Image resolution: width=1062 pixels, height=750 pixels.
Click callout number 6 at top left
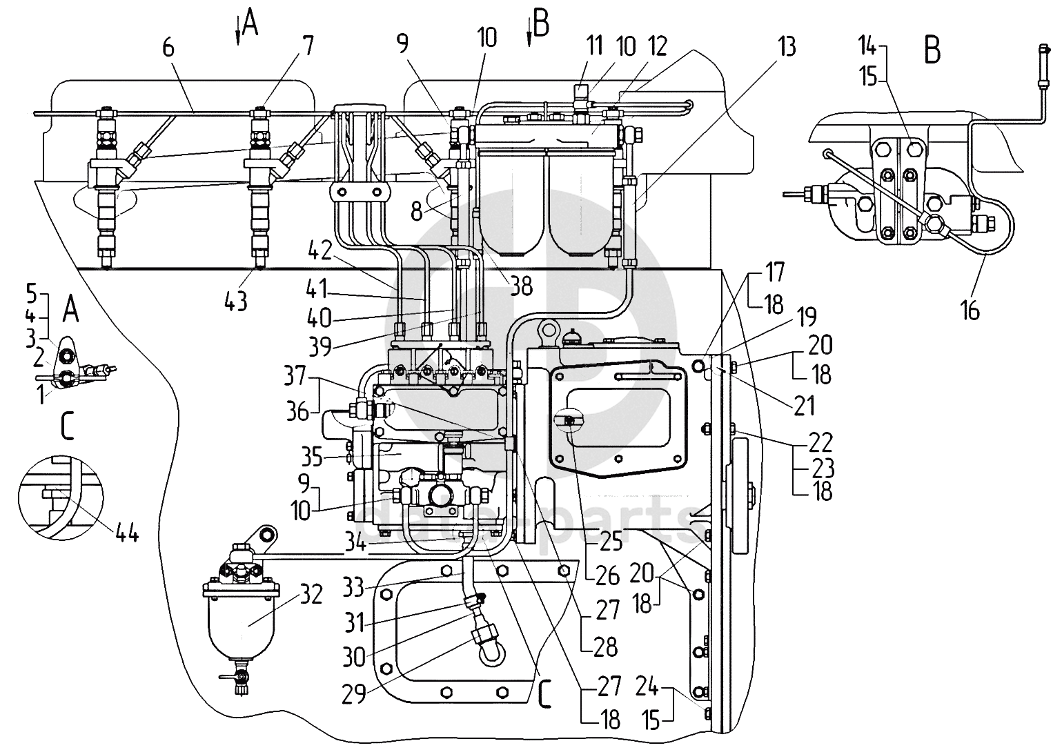(x=169, y=48)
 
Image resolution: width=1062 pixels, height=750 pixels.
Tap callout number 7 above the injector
(x=307, y=46)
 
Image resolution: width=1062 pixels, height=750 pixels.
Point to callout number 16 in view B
(x=970, y=310)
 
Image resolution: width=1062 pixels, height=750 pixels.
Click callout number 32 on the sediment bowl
(x=311, y=593)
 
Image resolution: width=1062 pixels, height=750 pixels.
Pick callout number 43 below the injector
(x=236, y=300)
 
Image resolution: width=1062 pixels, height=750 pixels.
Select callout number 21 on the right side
(x=804, y=406)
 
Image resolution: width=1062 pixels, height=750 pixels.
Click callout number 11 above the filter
(x=594, y=46)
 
